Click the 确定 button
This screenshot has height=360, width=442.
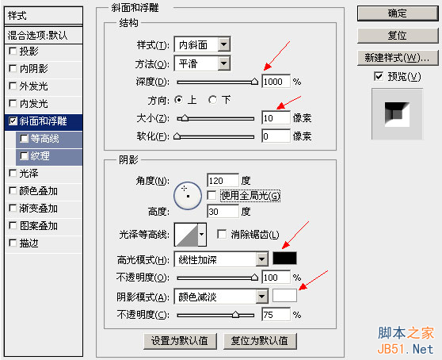[x=398, y=13]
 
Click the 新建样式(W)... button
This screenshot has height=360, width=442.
[x=398, y=58]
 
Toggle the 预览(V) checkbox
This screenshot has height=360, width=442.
[x=379, y=76]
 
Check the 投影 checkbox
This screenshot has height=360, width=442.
[x=13, y=51]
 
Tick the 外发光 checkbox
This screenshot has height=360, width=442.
[x=13, y=86]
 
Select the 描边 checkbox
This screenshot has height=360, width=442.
[x=13, y=243]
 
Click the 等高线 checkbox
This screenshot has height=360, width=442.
[x=25, y=139]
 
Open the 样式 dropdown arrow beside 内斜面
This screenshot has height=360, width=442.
[x=224, y=44]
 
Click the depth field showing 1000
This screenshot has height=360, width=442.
[x=276, y=82]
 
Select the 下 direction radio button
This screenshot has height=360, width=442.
[x=212, y=100]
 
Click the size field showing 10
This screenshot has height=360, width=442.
[x=276, y=117]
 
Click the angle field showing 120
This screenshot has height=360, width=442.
[x=223, y=180]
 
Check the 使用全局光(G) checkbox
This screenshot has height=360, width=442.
[x=211, y=195]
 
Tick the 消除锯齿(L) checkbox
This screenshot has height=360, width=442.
[x=222, y=234]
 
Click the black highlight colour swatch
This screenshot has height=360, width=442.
[x=284, y=259]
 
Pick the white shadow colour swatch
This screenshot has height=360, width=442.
[x=284, y=296]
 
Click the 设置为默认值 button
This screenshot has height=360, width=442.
[x=180, y=341]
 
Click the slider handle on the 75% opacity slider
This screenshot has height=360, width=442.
[x=236, y=314]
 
